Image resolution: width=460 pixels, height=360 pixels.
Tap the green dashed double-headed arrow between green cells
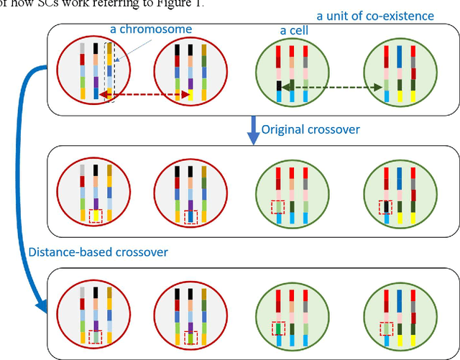[331, 86]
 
